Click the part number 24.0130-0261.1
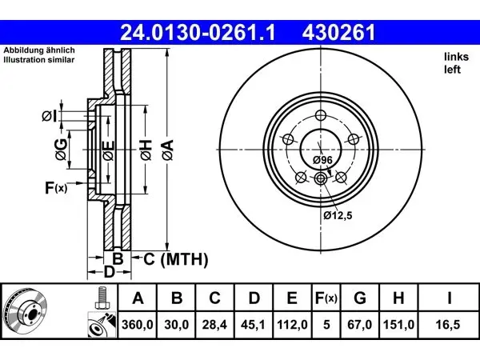[198, 33]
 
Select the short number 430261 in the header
[338, 33]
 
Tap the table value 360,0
[138, 325]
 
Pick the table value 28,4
[214, 325]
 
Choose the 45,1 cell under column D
[253, 325]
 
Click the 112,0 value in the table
[292, 325]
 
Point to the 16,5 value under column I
[448, 325]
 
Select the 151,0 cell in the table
[398, 325]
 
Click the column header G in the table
[360, 298]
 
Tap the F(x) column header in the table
[326, 298]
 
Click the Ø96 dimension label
[322, 160]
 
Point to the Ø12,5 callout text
[338, 215]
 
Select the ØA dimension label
[168, 150]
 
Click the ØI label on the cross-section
[50, 116]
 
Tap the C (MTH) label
[176, 259]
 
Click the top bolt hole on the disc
[321, 115]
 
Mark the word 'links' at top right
[457, 57]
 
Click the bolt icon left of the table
[102, 298]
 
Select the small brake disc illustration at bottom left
[25, 313]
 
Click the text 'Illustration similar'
[39, 60]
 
